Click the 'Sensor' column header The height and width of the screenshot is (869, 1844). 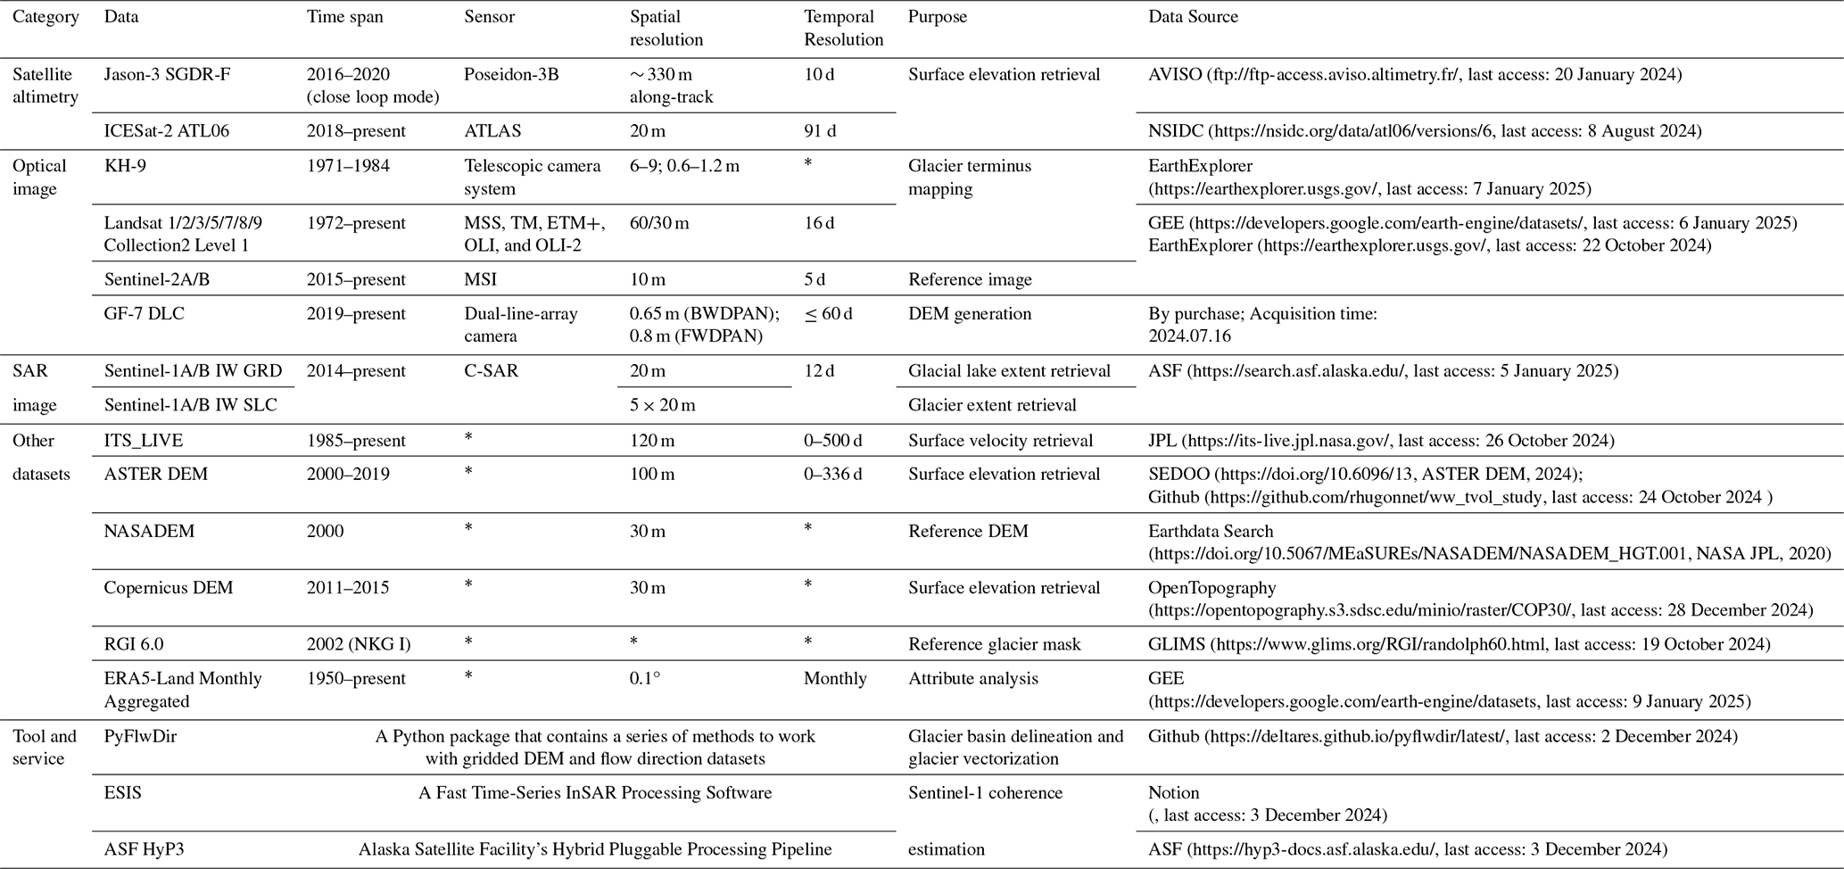[489, 17]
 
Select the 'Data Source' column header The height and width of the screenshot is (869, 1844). [1193, 17]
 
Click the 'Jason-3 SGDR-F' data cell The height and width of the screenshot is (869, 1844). [167, 75]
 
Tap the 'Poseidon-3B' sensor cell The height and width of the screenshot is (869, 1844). [511, 75]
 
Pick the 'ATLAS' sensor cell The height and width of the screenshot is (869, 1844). [492, 131]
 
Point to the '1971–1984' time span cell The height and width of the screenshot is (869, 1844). [348, 166]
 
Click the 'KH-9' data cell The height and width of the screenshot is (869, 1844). [125, 166]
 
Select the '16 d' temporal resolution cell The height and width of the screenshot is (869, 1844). [819, 223]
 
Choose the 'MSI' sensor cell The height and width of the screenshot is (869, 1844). [480, 279]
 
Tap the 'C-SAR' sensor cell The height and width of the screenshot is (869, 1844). [491, 371]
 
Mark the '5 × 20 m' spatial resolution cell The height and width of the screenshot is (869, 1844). [663, 405]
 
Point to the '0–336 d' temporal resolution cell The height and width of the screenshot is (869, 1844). [832, 475]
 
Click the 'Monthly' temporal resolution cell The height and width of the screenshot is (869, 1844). [835, 679]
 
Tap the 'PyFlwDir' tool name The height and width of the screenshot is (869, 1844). [138, 737]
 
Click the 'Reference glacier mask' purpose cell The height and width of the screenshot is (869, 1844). [994, 644]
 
